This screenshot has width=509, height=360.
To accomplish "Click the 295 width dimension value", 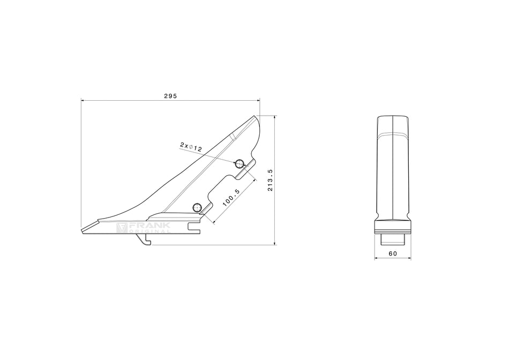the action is [170, 96].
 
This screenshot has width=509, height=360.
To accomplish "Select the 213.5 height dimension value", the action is [270, 180].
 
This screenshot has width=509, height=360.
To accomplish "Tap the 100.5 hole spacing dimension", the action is [231, 198].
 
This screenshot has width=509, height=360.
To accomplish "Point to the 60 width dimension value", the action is [393, 253].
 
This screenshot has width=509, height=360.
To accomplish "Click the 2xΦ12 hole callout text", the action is [191, 147].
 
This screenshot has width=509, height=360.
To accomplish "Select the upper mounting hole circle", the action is [239, 163].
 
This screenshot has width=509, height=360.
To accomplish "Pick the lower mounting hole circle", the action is [197, 207].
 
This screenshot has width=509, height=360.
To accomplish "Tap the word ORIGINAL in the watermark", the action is [149, 231].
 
